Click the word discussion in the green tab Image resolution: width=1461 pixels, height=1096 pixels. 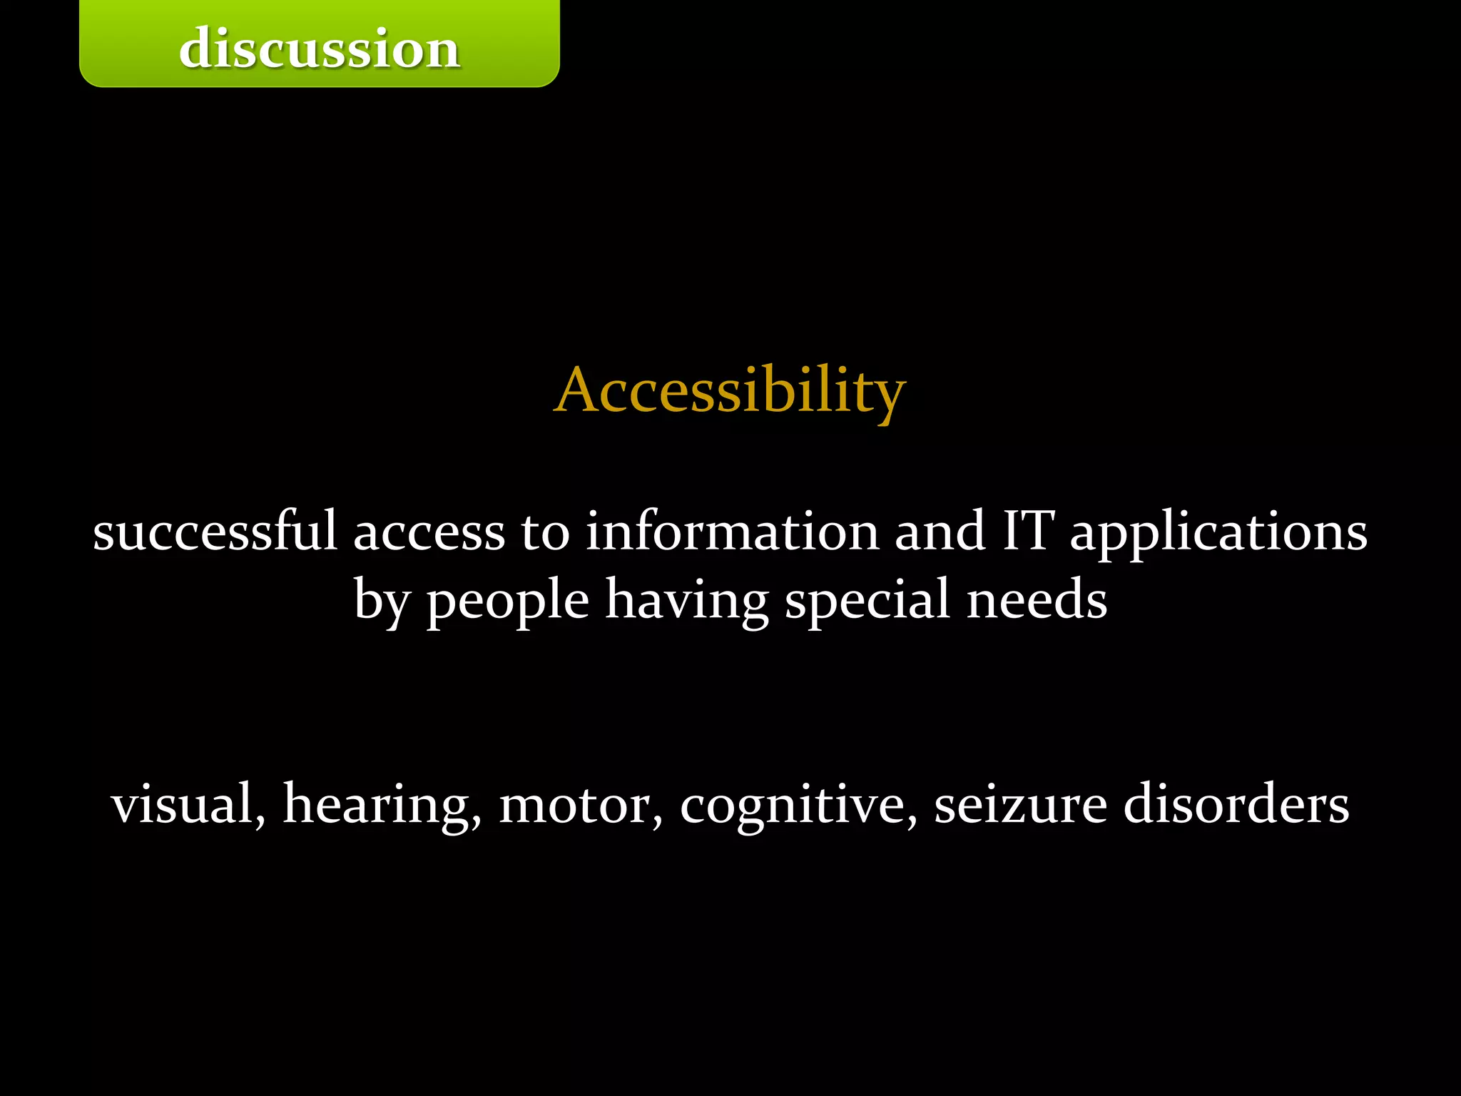pyautogui.click(x=320, y=49)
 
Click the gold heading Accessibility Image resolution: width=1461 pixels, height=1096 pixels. pyautogui.click(x=730, y=390)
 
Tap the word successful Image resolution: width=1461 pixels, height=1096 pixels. pyautogui.click(x=215, y=532)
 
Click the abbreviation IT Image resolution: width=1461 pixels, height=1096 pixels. pyautogui.click(x=1027, y=532)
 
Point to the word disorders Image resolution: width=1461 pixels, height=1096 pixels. pyautogui.click(x=1236, y=803)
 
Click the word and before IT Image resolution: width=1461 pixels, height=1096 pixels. pyautogui.click(x=940, y=532)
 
